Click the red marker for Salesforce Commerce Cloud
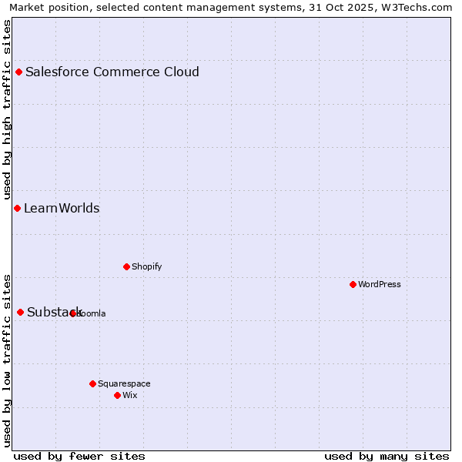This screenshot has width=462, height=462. (19, 72)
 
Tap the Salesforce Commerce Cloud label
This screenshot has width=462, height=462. (112, 72)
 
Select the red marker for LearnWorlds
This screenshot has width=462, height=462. (17, 209)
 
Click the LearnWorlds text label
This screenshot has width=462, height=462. (62, 209)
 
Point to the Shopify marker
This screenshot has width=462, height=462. (126, 267)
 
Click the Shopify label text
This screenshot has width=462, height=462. (146, 267)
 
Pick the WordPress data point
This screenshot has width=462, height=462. (353, 285)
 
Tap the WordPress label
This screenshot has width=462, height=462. (380, 285)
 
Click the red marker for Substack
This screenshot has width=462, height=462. (21, 312)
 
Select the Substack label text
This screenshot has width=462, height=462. (54, 312)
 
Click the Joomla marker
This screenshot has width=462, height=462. (73, 313)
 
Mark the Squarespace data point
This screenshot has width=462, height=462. (92, 383)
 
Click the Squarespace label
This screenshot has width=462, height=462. (124, 383)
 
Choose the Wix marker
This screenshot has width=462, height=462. (117, 396)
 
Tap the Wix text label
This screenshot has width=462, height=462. (130, 396)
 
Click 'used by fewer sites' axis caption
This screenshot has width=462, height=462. (79, 456)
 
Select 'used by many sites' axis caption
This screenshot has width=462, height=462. (387, 456)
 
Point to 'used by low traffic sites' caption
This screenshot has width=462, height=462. (8, 360)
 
